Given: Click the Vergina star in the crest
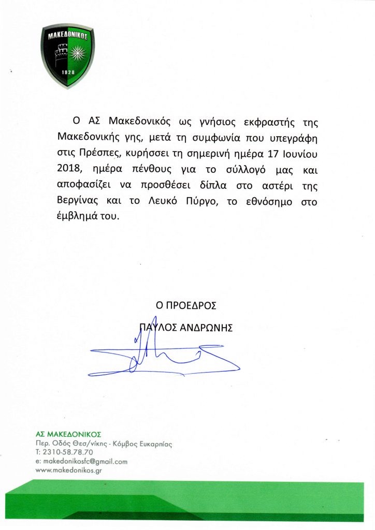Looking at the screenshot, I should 79,52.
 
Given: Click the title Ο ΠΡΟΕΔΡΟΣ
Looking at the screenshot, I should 187,305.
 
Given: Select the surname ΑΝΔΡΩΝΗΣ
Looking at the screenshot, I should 207,327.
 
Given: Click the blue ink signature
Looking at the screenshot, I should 171,357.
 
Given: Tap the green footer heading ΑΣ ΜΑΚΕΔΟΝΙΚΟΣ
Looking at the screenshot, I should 68,434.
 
